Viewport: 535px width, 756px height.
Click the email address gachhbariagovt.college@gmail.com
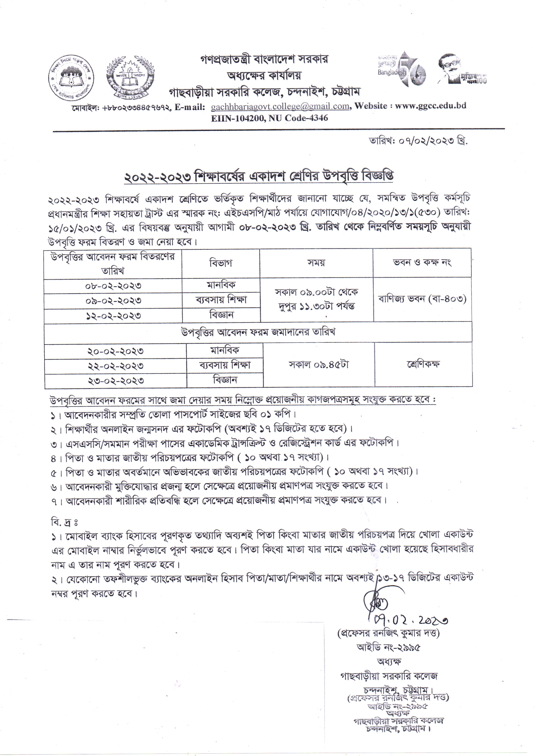pyautogui.click(x=280, y=106)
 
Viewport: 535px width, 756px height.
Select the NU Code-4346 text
pyautogui.click(x=298, y=118)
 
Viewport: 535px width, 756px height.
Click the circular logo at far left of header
pyautogui.click(x=71, y=76)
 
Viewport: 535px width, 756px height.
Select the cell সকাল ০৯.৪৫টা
pyautogui.click(x=318, y=365)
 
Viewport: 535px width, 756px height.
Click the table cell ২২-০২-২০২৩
pyautogui.click(x=115, y=366)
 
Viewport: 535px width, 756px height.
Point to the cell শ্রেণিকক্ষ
pyautogui.click(x=423, y=365)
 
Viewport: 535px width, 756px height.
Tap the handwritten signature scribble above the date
pyautogui.click(x=376, y=601)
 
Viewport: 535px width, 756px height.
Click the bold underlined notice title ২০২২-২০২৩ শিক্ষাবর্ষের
pyautogui.click(x=259, y=177)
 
